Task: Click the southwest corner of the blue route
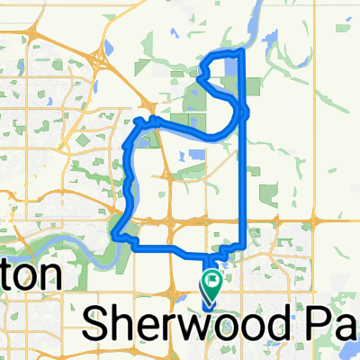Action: point(113,236)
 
